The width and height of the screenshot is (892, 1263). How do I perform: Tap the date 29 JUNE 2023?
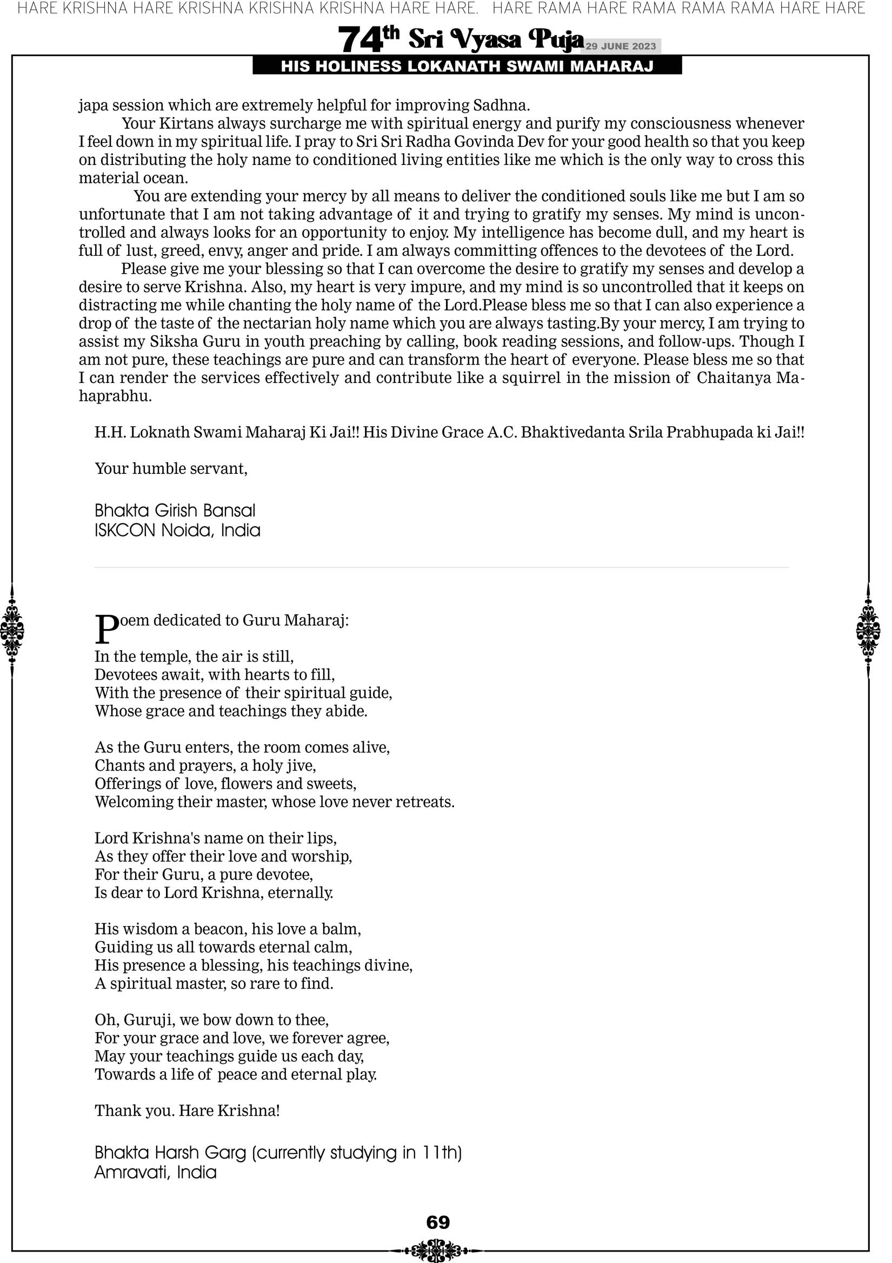point(620,46)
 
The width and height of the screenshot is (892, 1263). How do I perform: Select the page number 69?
point(438,1222)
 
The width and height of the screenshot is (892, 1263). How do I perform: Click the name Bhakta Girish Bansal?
point(175,511)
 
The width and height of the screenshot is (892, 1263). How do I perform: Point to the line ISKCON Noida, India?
point(177,530)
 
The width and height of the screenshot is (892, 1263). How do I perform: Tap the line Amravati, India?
point(156,1172)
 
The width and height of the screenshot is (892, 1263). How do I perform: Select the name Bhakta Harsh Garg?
point(170,1153)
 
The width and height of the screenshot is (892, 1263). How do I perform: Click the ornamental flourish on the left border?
point(12,630)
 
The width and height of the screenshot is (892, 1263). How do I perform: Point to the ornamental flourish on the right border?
point(868,630)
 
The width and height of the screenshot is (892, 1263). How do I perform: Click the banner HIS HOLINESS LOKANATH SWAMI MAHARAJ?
point(467,66)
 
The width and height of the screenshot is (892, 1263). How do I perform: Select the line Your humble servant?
point(171,468)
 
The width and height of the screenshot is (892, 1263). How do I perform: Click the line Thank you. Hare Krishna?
point(187,1110)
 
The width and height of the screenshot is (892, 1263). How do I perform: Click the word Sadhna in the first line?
point(501,105)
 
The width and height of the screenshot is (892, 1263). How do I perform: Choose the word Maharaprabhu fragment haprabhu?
point(115,396)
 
